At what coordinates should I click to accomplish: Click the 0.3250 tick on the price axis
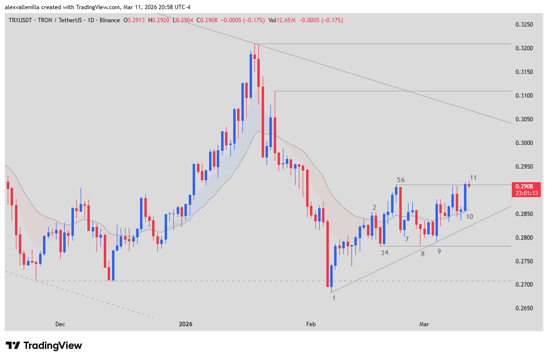(524, 25)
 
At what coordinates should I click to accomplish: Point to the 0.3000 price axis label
(524, 143)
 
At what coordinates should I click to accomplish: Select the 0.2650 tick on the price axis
(524, 308)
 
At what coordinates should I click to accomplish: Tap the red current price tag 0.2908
(527, 187)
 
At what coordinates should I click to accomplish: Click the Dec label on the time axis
(60, 324)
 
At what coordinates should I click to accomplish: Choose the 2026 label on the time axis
(185, 324)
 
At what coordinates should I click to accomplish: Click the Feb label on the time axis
(311, 324)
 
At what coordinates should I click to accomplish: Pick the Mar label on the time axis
(424, 324)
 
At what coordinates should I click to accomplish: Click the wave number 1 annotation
(333, 298)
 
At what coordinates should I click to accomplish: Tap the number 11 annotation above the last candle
(474, 178)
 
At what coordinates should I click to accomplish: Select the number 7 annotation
(407, 240)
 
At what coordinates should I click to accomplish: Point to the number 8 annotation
(422, 254)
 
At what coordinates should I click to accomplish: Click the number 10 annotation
(469, 216)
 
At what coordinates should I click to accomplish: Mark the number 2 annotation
(374, 207)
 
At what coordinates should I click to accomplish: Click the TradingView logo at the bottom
(44, 346)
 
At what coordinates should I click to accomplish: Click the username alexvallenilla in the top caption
(27, 7)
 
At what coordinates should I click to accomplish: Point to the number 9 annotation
(439, 251)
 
